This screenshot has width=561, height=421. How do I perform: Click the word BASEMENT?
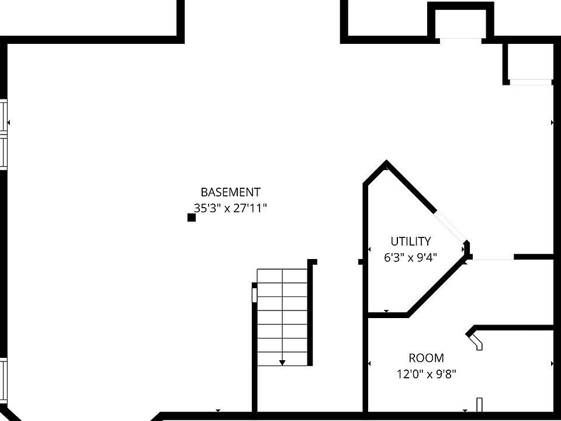coord(230,192)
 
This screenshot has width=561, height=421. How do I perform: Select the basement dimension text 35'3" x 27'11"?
coord(230,208)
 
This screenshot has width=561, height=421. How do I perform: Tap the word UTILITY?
coord(411,241)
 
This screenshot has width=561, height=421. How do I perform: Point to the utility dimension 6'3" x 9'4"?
coord(411,257)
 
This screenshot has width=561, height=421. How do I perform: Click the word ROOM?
coord(427,358)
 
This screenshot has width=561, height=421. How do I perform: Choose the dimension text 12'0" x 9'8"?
coord(427,374)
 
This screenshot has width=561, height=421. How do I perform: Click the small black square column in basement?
coord(192,218)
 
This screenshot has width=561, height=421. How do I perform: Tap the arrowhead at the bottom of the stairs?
coord(282,363)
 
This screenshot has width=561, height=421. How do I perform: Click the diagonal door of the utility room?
coord(451,227)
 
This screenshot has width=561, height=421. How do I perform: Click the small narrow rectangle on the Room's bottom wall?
coord(479,405)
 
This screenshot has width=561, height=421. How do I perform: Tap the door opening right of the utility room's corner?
coord(493,258)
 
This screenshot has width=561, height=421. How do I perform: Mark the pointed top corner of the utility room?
coord(386,161)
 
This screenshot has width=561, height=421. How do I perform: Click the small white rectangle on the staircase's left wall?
coord(254,295)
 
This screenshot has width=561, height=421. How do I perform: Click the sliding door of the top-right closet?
coord(531,82)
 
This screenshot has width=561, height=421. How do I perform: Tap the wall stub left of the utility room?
coord(361,262)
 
